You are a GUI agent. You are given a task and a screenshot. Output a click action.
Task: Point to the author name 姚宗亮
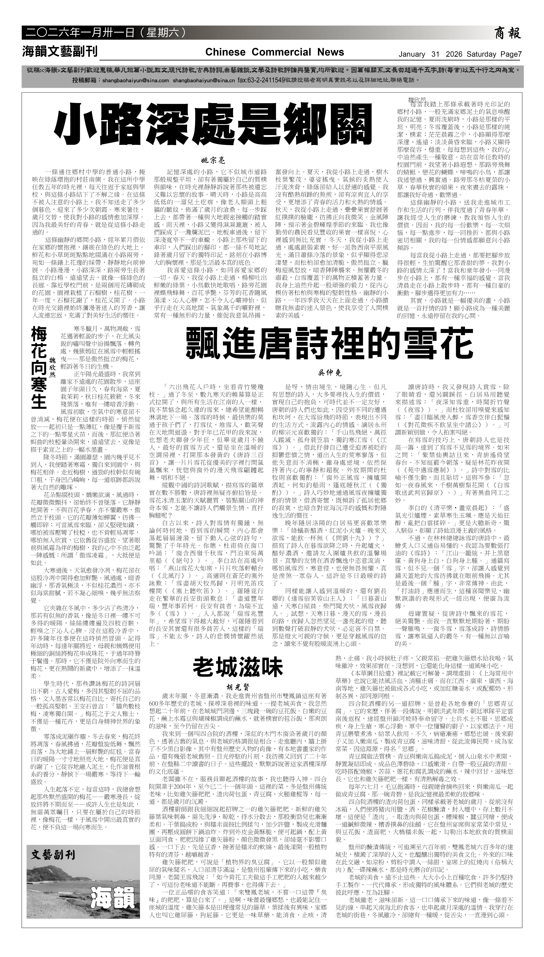click(x=213, y=161)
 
